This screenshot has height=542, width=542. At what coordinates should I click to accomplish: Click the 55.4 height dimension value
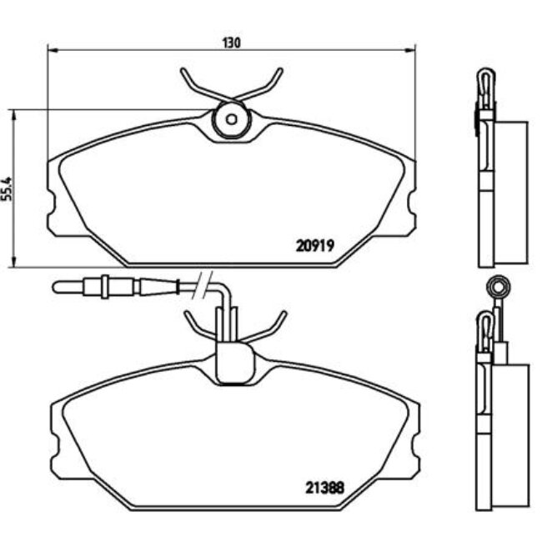(x=8, y=188)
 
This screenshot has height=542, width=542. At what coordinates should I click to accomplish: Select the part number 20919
(x=315, y=245)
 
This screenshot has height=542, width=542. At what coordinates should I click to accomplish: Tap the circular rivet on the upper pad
(x=230, y=120)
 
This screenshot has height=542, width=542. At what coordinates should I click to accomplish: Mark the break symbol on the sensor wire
(x=203, y=284)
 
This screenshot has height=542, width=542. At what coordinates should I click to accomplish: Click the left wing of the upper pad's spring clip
(x=196, y=84)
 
